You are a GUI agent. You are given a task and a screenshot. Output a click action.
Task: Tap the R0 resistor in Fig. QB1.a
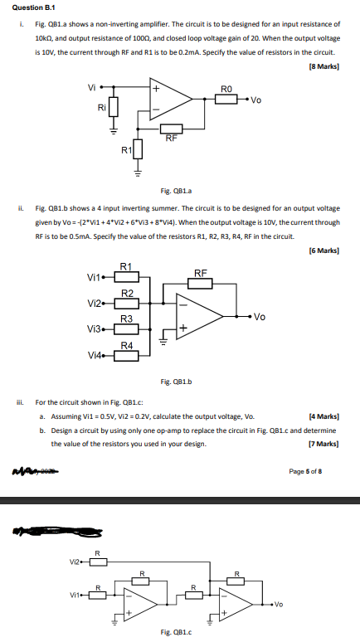click(226, 100)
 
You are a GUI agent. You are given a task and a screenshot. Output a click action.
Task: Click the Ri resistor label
click(101, 106)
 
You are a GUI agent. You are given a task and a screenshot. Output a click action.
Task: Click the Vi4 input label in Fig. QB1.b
click(96, 356)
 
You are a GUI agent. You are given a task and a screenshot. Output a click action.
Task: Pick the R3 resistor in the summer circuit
click(127, 329)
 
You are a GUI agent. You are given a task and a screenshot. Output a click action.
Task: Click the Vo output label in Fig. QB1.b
click(260, 316)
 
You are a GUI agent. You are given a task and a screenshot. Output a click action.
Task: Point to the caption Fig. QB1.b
click(176, 382)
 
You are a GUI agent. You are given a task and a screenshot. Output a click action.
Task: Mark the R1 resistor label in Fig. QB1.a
click(126, 149)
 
